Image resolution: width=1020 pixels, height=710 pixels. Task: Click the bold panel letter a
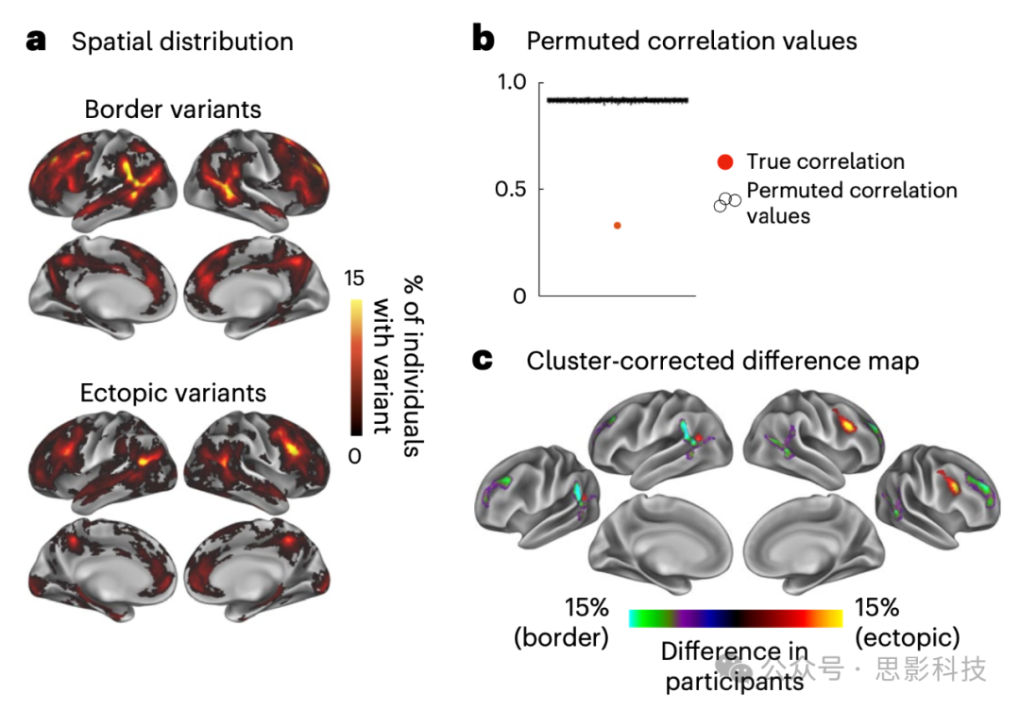37,41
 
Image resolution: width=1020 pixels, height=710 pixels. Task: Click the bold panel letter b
483,41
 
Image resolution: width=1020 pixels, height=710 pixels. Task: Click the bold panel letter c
483,361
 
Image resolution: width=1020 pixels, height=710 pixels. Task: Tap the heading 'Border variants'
173,110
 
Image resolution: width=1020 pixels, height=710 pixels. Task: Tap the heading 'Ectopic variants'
174,392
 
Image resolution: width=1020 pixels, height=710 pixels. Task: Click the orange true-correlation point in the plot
617,225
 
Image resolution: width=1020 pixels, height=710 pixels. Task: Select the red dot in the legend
724,161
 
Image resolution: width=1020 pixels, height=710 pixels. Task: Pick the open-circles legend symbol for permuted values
726,202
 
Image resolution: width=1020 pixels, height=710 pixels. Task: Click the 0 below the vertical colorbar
356,456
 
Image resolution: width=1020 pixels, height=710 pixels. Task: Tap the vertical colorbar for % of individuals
356,368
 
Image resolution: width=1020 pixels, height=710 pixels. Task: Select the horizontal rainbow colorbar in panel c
736,618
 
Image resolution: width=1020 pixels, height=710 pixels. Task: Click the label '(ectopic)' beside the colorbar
908,637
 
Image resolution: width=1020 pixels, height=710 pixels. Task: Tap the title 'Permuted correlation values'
691,42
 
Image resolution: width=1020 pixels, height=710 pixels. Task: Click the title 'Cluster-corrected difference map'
722,361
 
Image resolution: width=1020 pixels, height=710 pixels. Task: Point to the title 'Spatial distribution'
182,42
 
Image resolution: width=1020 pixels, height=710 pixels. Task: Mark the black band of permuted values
617,100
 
